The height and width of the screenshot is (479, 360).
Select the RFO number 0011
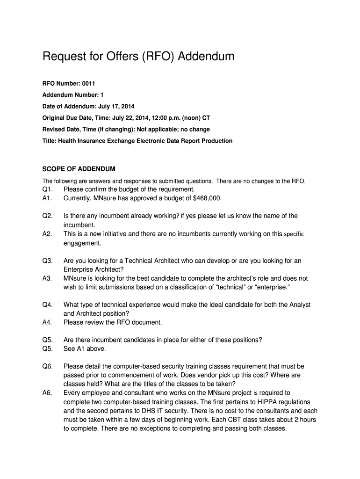click(x=88, y=84)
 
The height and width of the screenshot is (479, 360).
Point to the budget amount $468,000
click(x=206, y=198)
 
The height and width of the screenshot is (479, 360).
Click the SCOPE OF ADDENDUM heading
click(x=79, y=168)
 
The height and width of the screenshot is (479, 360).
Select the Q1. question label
click(x=48, y=189)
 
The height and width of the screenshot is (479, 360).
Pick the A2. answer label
click(x=48, y=234)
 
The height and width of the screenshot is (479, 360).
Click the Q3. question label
click(x=48, y=261)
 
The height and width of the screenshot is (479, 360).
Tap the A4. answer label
click(x=48, y=322)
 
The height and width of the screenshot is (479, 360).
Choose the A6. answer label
click(x=48, y=393)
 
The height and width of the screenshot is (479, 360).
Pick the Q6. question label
click(x=48, y=366)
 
